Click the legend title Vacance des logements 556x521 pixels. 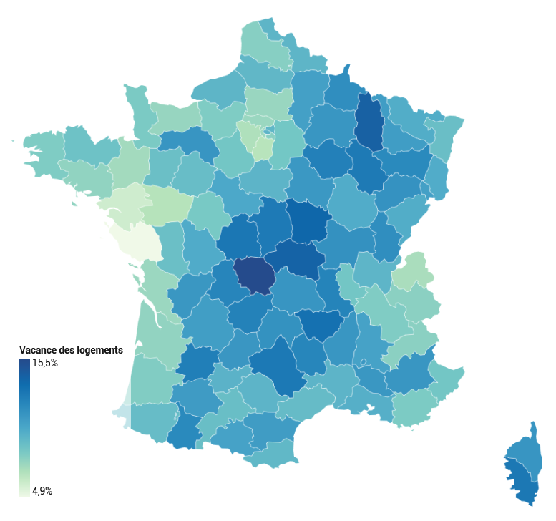point(71,350)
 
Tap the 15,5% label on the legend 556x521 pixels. point(45,363)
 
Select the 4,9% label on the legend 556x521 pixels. point(42,491)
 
